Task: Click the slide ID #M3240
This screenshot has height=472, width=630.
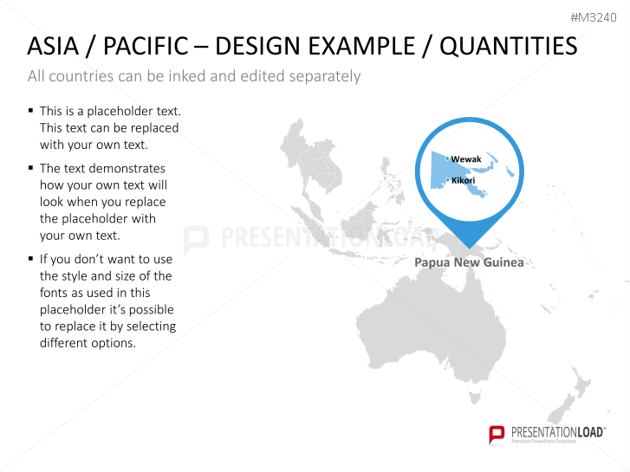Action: point(594,17)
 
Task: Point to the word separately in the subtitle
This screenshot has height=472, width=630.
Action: point(317,76)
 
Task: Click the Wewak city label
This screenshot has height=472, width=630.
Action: point(466,159)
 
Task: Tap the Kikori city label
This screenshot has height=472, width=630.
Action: point(464,180)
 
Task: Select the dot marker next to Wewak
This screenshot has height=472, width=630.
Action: point(447,158)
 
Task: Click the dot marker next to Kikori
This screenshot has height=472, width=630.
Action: point(447,180)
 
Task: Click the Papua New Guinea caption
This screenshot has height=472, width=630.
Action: point(469,262)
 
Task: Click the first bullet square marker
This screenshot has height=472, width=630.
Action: point(31,111)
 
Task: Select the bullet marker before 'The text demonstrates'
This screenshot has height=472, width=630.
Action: point(31,168)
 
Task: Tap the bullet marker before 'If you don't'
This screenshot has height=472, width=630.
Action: point(31,259)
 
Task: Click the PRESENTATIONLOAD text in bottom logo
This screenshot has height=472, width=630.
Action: point(555,430)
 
